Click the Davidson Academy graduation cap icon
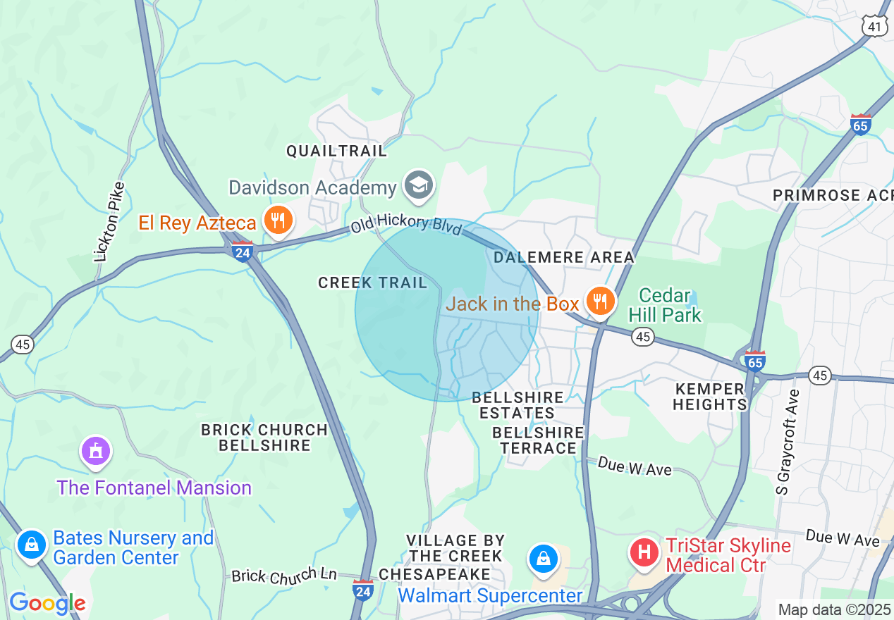point(419,187)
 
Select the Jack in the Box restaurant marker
point(599,303)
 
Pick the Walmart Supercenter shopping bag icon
point(543,560)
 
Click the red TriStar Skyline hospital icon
point(644,552)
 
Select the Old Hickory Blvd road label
point(406,225)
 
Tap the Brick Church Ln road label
point(284,576)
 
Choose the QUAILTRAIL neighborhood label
point(336,151)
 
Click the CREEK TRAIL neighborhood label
point(372,283)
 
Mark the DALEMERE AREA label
point(564,258)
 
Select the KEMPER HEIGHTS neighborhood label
point(709,397)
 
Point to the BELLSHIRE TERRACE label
point(539,440)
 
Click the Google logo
point(47,603)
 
